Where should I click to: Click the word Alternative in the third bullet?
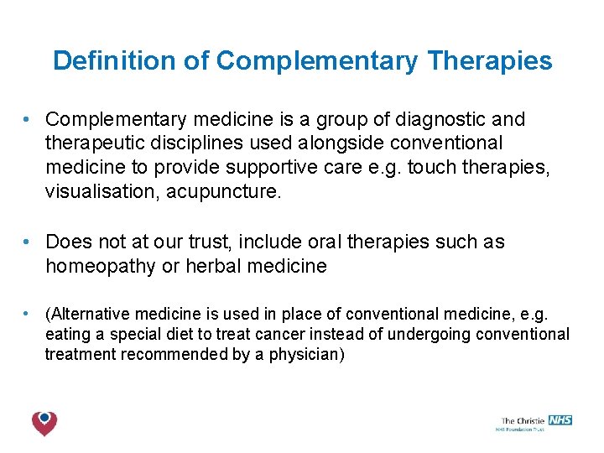[90, 315]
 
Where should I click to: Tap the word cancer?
[280, 335]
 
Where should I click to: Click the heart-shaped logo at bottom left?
[44, 423]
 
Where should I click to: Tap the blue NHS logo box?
[560, 420]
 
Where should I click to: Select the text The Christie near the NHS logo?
[523, 421]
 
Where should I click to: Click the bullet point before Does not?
[28, 242]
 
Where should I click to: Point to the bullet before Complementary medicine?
[28, 120]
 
